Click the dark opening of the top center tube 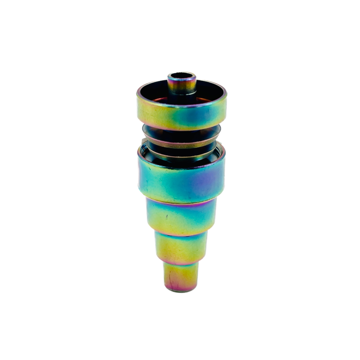pyautogui.click(x=182, y=74)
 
